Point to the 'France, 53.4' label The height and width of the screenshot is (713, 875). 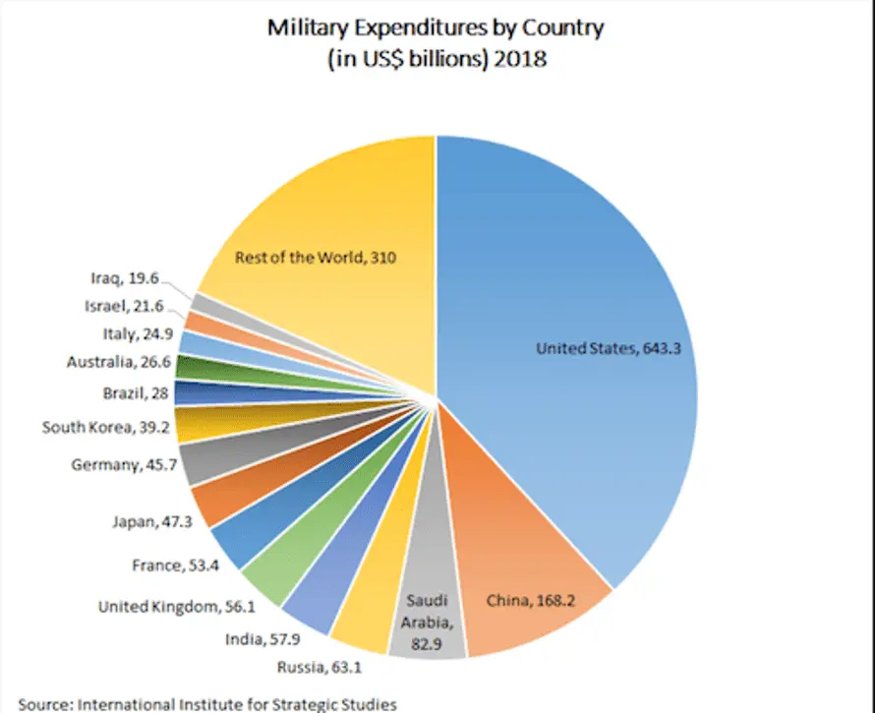[174, 565]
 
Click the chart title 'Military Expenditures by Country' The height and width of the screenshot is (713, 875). [436, 28]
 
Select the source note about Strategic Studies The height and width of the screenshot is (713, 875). [206, 704]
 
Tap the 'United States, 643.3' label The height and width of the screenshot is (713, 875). [608, 348]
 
